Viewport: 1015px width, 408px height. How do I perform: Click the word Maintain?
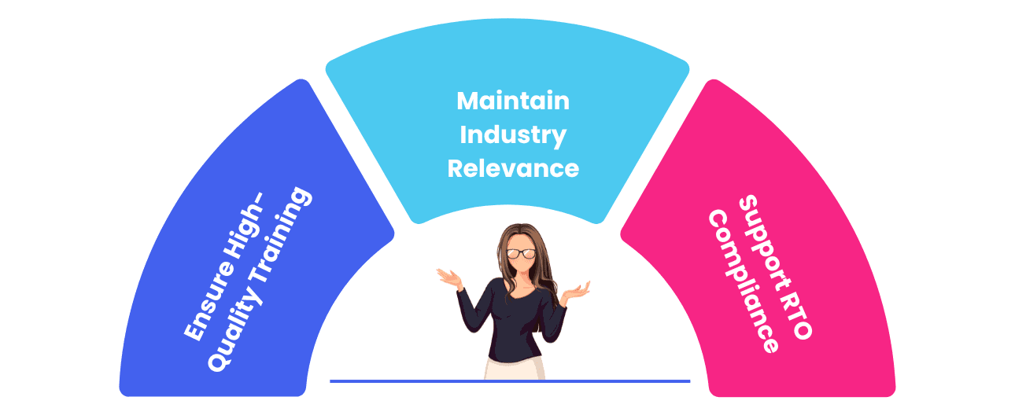[x=513, y=101]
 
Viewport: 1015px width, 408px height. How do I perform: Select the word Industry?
[x=513, y=134]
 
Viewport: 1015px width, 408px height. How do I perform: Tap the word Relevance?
[x=513, y=167]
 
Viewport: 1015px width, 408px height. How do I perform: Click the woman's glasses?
[x=521, y=253]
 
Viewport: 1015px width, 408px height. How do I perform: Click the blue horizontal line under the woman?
[x=393, y=381]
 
